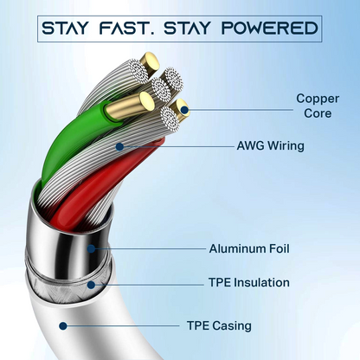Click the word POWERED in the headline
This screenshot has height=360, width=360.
point(270,29)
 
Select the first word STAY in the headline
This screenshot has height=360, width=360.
point(64,29)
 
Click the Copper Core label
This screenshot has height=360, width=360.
point(318,106)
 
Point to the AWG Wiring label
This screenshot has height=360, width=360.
point(271,145)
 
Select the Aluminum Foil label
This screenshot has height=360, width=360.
point(249,248)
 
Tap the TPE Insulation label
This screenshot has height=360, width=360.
point(249,282)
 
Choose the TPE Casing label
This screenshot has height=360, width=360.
point(219,326)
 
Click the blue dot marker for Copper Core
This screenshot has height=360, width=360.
point(184,110)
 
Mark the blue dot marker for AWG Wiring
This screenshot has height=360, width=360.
point(119,147)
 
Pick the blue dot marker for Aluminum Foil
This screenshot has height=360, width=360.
point(91,248)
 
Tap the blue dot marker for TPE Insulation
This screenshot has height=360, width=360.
point(91,285)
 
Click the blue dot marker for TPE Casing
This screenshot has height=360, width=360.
point(63,326)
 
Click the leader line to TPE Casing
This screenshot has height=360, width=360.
point(123,326)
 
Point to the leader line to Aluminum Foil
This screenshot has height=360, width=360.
point(150,248)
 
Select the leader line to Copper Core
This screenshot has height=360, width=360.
point(241,110)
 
